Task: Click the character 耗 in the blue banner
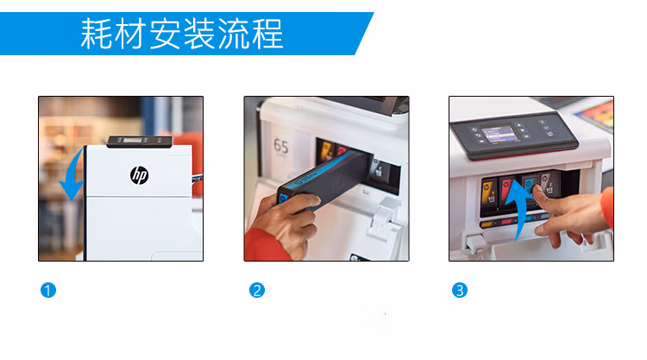point(96,34)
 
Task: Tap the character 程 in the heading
point(267,34)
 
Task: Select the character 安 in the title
point(165,34)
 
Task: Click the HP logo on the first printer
point(140,175)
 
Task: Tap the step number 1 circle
point(47,290)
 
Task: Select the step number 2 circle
point(257,290)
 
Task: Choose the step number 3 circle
point(460,290)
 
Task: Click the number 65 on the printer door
point(281,146)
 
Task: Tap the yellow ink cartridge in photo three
point(489,193)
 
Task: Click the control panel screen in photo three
point(499,134)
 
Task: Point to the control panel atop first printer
point(140,142)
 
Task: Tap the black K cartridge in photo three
point(550,186)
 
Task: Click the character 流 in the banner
point(233,34)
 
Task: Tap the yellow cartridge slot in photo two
point(326,151)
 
